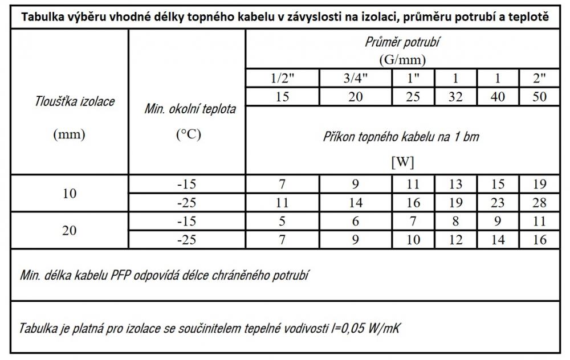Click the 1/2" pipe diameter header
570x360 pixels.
click(282, 78)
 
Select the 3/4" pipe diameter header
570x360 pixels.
click(355, 78)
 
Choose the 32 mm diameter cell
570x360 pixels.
click(456, 96)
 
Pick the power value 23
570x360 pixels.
click(498, 202)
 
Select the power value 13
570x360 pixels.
click(456, 184)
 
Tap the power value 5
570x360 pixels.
click(282, 221)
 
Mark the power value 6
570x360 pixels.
click(355, 221)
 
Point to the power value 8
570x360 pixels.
click(456, 221)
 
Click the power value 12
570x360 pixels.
click(456, 239)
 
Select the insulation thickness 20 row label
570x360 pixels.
click(69, 230)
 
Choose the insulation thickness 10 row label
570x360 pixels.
click(69, 193)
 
